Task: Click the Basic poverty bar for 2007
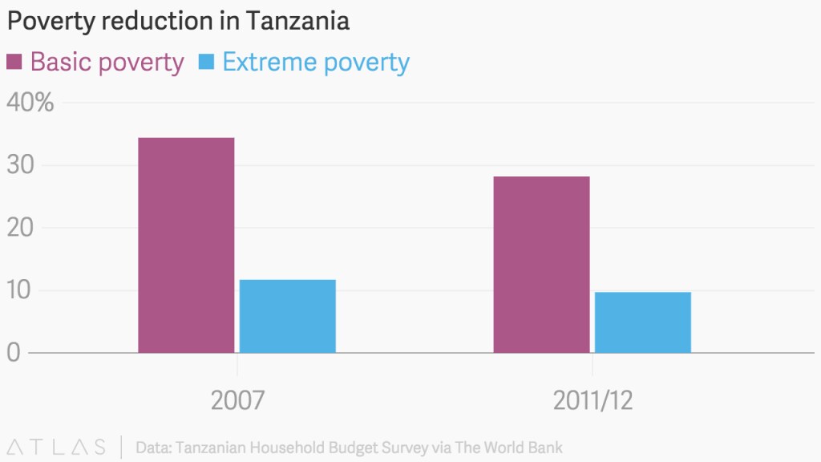point(186,245)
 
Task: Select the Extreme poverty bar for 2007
point(288,316)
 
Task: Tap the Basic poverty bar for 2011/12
point(541,265)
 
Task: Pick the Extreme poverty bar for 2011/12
point(643,322)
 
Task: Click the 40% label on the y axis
point(30,102)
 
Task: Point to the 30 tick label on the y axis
point(20,164)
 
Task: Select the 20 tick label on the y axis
point(20,227)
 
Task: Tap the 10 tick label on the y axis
point(19,290)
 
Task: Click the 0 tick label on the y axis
point(14,353)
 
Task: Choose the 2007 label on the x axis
point(237,400)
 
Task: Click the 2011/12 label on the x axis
point(592,401)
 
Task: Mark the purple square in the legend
point(14,62)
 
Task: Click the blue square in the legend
point(206,62)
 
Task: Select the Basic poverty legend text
point(107,63)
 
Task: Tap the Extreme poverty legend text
point(316,63)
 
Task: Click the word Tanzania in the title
point(297,21)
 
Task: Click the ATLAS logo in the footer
point(57,448)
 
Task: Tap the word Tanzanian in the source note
point(211,448)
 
